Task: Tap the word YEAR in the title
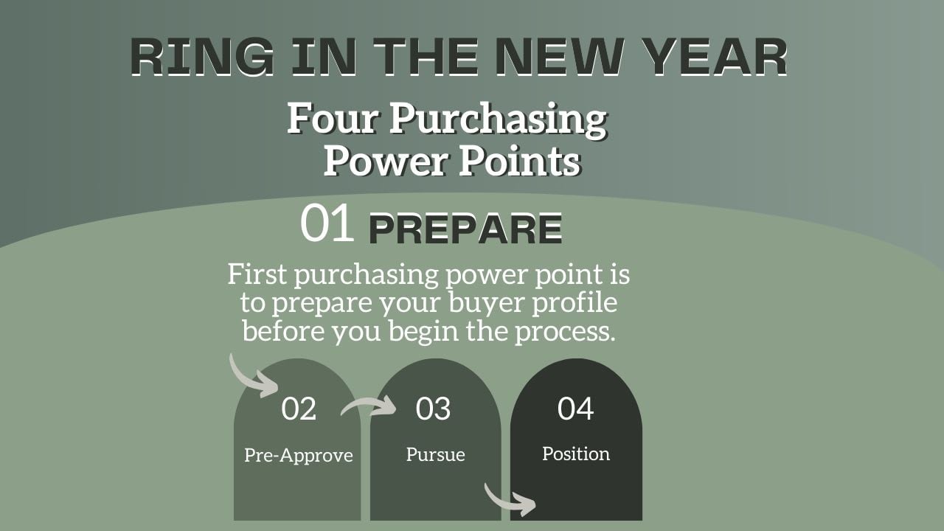click(716, 57)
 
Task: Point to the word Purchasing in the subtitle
click(498, 120)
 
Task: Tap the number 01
click(327, 223)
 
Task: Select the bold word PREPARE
click(465, 228)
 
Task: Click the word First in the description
click(257, 274)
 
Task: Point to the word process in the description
click(565, 332)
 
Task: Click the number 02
click(299, 409)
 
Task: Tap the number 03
click(433, 409)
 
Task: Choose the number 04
click(576, 409)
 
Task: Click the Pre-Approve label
click(299, 456)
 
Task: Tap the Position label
click(576, 454)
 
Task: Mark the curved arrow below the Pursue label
click(504, 502)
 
